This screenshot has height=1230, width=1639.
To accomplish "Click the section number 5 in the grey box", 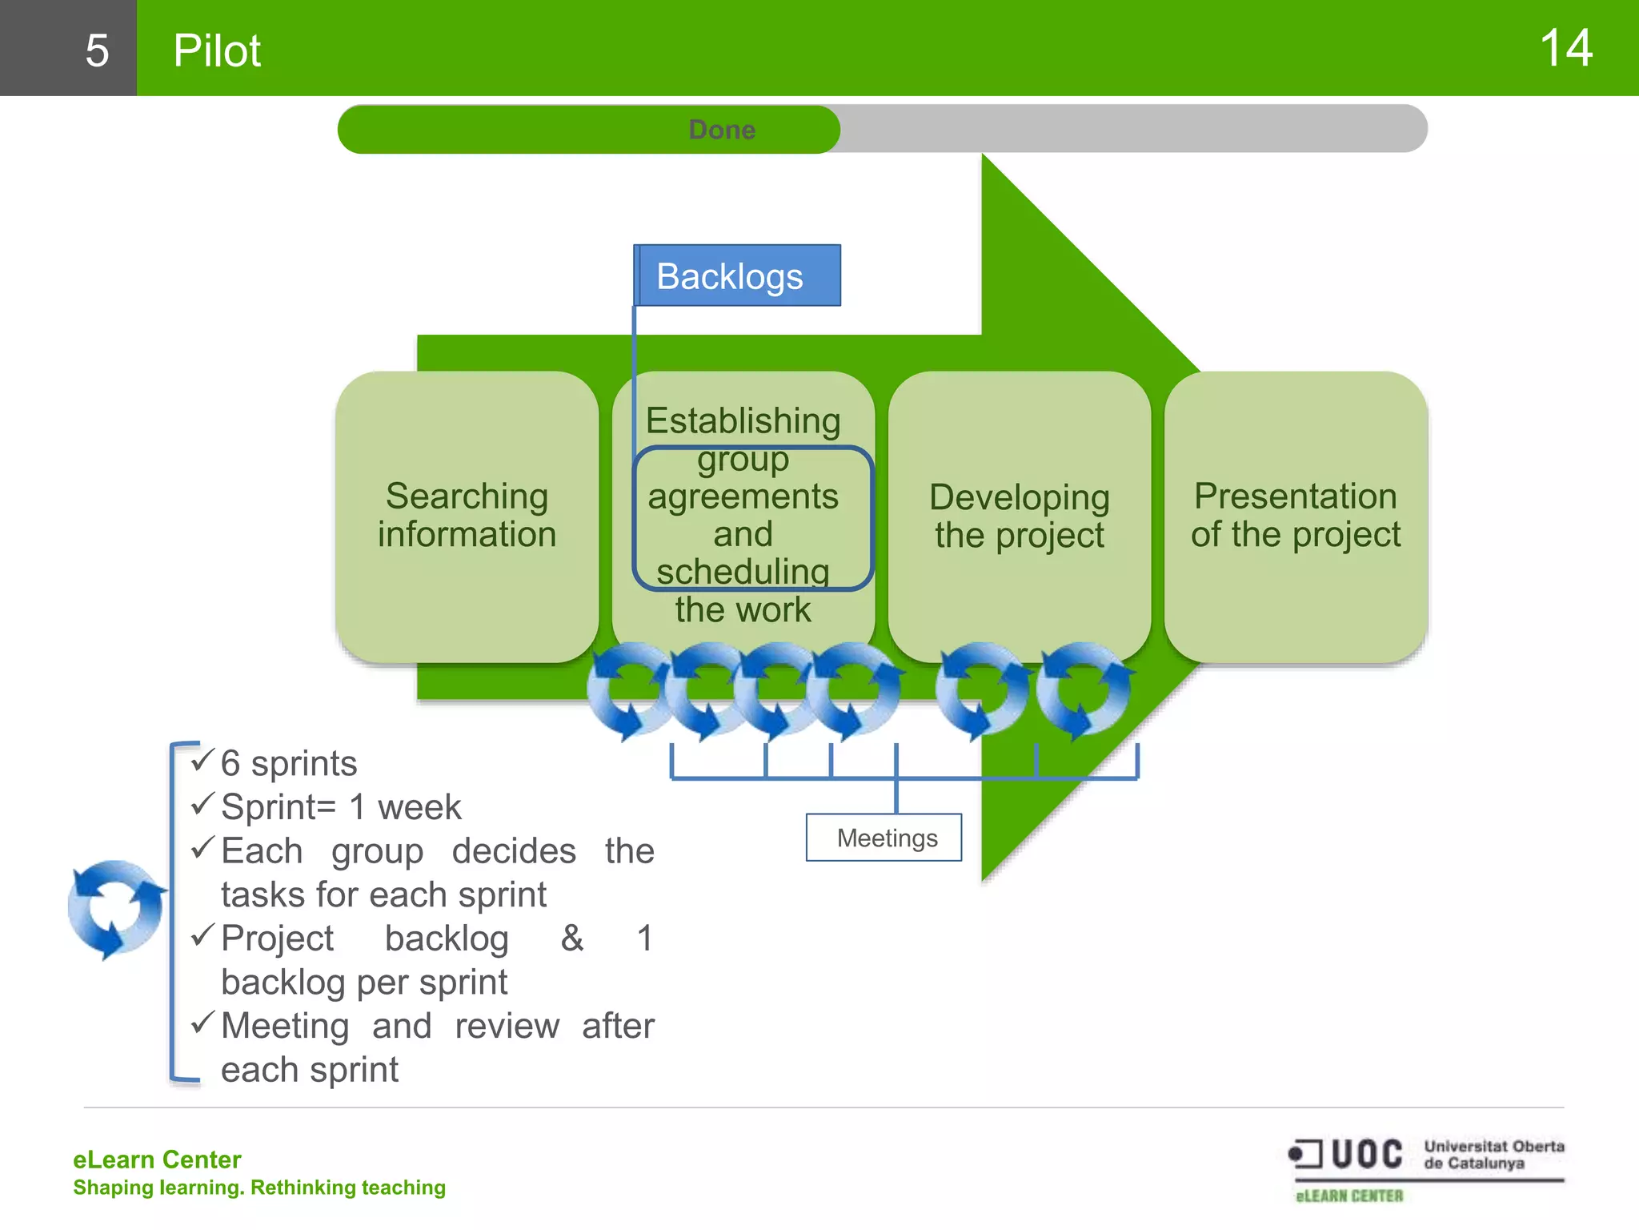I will tap(97, 50).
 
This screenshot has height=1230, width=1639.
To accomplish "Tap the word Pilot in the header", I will tap(217, 50).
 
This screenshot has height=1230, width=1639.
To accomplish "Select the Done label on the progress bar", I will tap(722, 130).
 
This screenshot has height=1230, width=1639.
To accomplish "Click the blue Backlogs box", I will tap(737, 276).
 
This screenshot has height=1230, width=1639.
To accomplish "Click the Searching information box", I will tap(467, 516).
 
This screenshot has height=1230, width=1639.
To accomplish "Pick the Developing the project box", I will tap(1019, 516).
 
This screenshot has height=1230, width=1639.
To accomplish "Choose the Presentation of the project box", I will tap(1296, 516).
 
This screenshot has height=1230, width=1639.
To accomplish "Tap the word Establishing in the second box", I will tap(743, 420).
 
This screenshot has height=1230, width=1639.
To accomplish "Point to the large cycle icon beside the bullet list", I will tap(117, 908).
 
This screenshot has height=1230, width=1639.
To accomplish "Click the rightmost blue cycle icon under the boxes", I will tap(1084, 689).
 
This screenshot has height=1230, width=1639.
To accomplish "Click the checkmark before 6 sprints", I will tap(203, 760).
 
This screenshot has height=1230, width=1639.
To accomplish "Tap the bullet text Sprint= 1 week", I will tap(341, 807).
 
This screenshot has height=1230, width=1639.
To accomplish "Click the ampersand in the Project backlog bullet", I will tap(571, 938).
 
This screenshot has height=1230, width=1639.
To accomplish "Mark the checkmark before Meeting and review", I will tap(203, 1023).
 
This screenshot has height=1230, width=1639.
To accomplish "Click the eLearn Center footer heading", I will tap(157, 1160).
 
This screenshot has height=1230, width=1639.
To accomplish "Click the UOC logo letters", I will tap(1366, 1155).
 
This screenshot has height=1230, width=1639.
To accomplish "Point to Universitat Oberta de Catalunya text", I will tap(1493, 1155).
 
